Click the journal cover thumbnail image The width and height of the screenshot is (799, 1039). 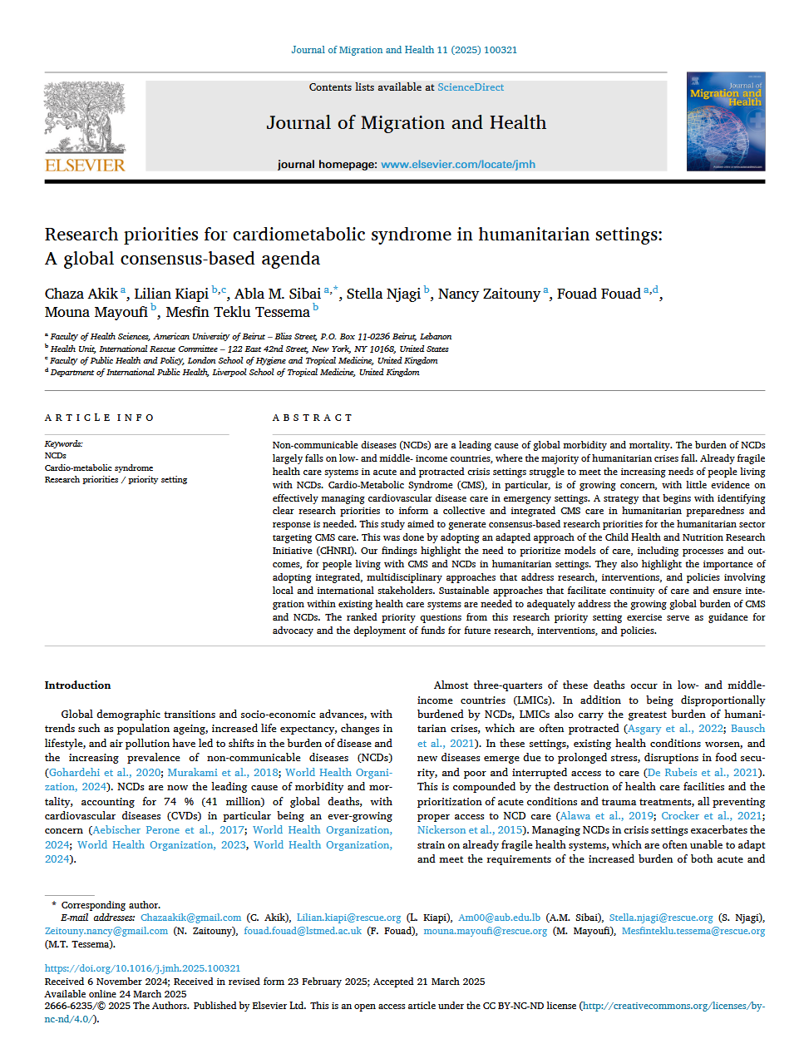(726, 121)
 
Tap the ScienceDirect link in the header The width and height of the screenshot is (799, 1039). (471, 87)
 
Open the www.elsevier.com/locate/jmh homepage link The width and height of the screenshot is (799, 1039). (458, 165)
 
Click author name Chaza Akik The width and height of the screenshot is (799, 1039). (81, 294)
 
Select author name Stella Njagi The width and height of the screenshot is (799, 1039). (383, 294)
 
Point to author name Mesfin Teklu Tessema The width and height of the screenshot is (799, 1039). (238, 313)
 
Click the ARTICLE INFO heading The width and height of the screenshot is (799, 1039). (100, 418)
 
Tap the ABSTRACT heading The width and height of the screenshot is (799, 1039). (313, 418)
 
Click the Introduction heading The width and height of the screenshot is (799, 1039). (77, 685)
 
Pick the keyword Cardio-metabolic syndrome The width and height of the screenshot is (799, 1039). (99, 468)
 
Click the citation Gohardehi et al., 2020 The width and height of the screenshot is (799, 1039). (104, 773)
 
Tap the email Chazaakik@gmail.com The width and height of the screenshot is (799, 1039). (190, 918)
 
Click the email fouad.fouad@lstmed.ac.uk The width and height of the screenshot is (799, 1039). (303, 931)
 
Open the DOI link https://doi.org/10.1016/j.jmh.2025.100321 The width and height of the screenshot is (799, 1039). (142, 968)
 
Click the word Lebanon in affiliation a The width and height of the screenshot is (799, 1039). (436, 337)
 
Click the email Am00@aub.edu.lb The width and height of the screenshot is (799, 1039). (499, 918)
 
